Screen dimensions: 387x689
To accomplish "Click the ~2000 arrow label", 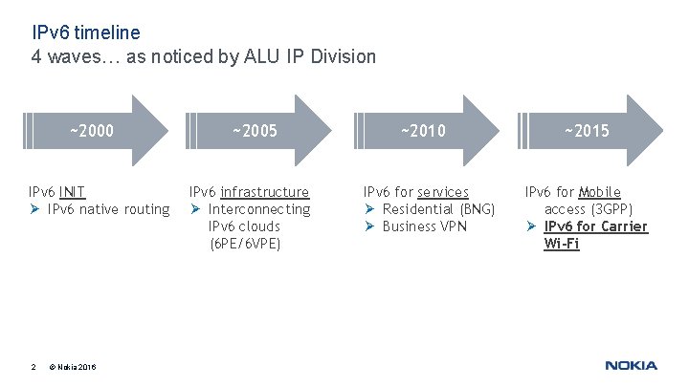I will [x=91, y=130].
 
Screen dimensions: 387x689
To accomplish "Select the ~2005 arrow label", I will [x=255, y=130].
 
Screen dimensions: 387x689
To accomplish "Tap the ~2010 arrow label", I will [x=422, y=130].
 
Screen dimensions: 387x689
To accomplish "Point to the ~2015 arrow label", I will [x=586, y=130].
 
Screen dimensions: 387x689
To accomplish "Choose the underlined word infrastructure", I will [x=265, y=192].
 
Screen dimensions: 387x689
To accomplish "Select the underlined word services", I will [x=443, y=192].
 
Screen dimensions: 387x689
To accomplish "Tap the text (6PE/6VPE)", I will [x=245, y=244].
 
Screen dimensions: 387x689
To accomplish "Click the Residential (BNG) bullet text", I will [x=438, y=209].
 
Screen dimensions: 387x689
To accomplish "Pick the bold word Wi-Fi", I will [x=562, y=244].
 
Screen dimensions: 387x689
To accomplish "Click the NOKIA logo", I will [x=631, y=365].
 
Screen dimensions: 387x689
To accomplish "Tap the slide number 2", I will [x=33, y=366].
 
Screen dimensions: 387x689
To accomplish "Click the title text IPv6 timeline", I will [x=86, y=32].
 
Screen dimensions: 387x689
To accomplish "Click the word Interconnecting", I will [x=259, y=209].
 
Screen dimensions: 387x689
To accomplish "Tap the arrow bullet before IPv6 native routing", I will [x=34, y=209].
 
